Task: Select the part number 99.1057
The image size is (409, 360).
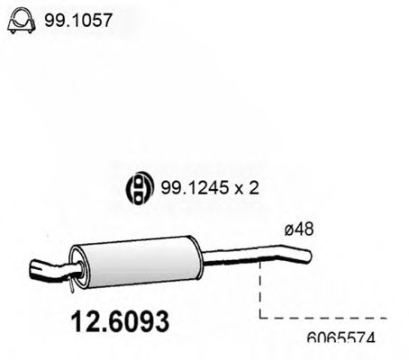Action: point(78,19)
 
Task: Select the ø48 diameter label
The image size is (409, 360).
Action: point(298,230)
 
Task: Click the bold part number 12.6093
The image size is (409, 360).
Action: point(116,319)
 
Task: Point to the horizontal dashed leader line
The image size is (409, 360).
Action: point(324,318)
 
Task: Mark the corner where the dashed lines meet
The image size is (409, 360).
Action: point(259,318)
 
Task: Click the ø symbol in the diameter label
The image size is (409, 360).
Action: point(289,230)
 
